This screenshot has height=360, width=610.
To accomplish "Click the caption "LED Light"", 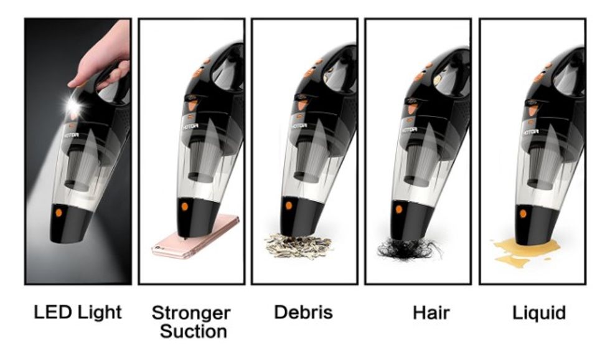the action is [78, 312].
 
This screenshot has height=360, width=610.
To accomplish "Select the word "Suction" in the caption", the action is [194, 331].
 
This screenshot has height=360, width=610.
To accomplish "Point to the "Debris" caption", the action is [304, 312].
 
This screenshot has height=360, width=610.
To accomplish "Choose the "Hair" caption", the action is [431, 313].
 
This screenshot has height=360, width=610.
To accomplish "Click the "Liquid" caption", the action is [539, 313].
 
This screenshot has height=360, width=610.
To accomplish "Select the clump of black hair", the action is [410, 249].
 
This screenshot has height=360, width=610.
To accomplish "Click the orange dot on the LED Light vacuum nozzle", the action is [59, 212].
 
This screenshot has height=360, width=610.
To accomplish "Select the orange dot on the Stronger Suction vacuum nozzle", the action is [184, 206].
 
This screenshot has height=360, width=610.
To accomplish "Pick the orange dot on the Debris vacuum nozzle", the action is [289, 206].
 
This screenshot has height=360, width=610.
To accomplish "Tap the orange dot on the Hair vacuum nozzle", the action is [399, 209].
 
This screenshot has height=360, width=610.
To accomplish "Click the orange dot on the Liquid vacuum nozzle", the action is [523, 213].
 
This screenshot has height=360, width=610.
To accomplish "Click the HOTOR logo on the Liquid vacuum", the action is [530, 132].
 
